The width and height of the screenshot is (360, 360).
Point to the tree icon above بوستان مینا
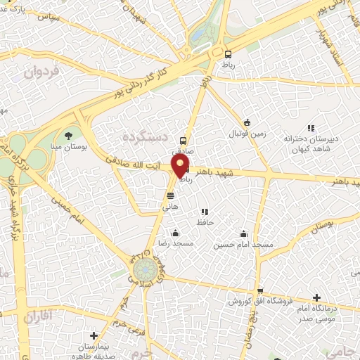pos(68,136)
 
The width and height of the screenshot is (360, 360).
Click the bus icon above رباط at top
pos(228,54)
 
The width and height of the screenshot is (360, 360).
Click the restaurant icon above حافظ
pos(205,212)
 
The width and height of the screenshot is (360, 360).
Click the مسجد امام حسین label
pos(243,244)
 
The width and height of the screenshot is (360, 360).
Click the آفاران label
pos(39,318)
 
